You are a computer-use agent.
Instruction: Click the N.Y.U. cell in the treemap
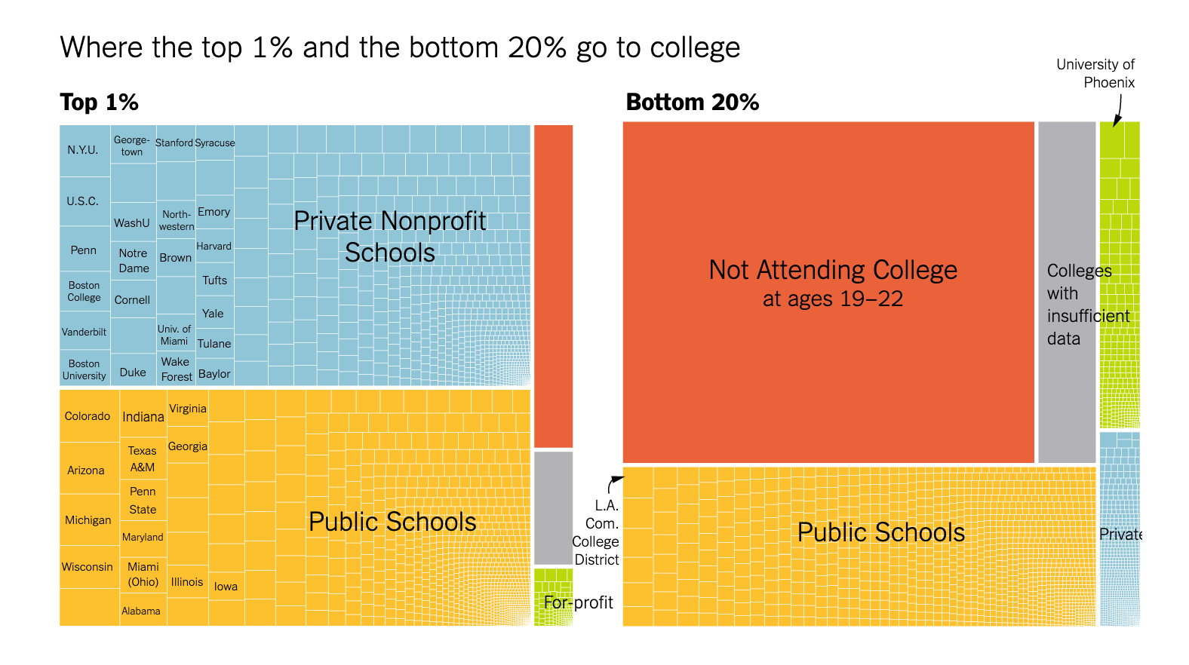pyautogui.click(x=83, y=150)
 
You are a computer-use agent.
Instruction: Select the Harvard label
pyautogui.click(x=214, y=247)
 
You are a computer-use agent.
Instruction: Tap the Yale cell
pyautogui.click(x=213, y=314)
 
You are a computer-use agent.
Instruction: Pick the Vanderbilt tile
pyautogui.click(x=84, y=332)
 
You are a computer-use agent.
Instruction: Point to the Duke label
pyautogui.click(x=133, y=372)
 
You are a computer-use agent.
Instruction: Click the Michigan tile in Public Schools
pyautogui.click(x=88, y=520)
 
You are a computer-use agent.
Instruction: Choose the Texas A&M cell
pyautogui.click(x=143, y=459)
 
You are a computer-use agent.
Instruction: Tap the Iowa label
pyautogui.click(x=226, y=587)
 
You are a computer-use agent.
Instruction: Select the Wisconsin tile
pyautogui.click(x=88, y=567)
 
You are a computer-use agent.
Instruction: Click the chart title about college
pyautogui.click(x=400, y=47)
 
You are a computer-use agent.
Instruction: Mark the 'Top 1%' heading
pyautogui.click(x=99, y=103)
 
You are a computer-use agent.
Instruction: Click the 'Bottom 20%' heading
pyautogui.click(x=693, y=103)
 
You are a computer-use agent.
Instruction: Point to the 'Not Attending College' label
pyautogui.click(x=833, y=270)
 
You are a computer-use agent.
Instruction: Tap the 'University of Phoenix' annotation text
pyautogui.click(x=1095, y=74)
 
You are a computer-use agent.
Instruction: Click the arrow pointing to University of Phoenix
pyautogui.click(x=1117, y=110)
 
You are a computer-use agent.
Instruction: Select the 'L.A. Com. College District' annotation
pyautogui.click(x=596, y=532)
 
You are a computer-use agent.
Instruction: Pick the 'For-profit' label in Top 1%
pyautogui.click(x=578, y=602)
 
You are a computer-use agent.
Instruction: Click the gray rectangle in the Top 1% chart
pyautogui.click(x=553, y=507)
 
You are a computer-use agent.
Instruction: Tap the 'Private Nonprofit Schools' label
pyautogui.click(x=390, y=236)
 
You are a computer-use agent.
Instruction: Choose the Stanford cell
pyautogui.click(x=174, y=142)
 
